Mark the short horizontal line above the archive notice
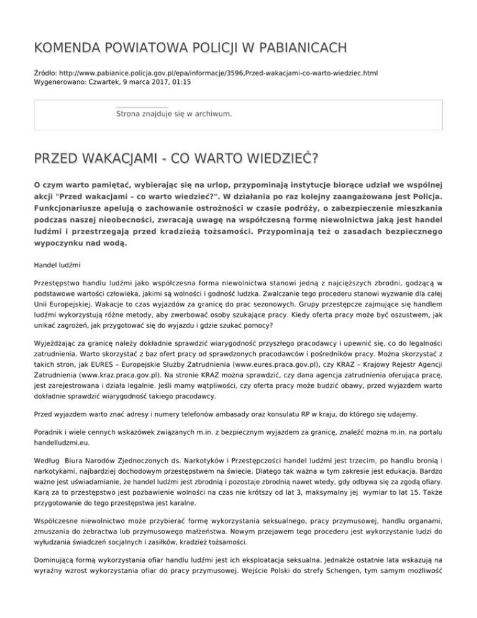[142, 107]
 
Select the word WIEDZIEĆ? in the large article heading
[273, 161]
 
